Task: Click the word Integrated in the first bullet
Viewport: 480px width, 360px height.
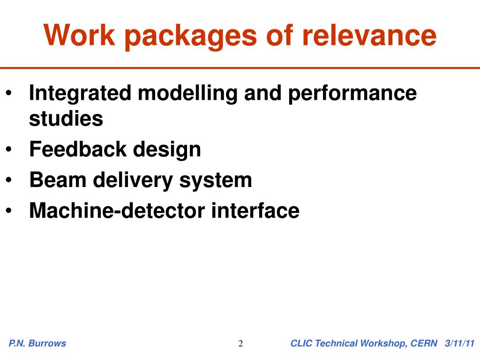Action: (x=80, y=94)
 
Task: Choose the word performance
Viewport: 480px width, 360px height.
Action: (x=352, y=94)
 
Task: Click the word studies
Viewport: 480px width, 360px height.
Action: (x=66, y=119)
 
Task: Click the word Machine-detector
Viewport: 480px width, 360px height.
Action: (x=117, y=210)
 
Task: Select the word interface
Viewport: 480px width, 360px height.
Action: (x=255, y=210)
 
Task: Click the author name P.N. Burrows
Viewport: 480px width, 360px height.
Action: (x=37, y=344)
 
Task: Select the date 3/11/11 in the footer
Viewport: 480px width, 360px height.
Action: (x=460, y=344)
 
